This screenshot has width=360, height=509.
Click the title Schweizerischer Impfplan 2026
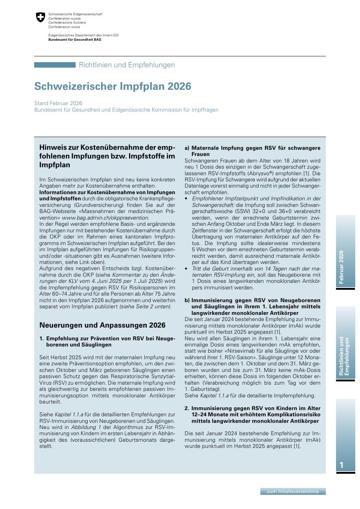(x=112, y=87)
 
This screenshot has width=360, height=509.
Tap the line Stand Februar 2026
(x=58, y=103)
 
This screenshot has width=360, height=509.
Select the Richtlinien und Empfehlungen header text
(x=127, y=65)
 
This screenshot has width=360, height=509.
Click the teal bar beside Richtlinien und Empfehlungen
(x=55, y=65)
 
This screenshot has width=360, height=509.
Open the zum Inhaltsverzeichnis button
(x=293, y=491)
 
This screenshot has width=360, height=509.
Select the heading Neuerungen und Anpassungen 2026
(x=102, y=325)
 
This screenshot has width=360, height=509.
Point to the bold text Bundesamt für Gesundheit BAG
(x=75, y=39)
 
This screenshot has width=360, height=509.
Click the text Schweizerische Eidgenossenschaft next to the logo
(x=75, y=14)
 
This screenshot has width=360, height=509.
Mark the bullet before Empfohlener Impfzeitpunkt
(x=186, y=199)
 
